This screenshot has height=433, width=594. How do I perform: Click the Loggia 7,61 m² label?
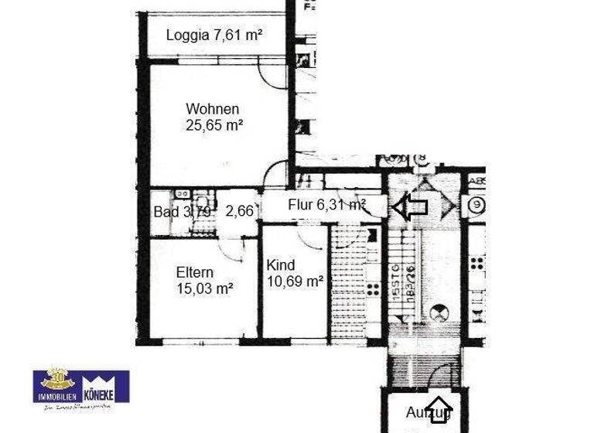tap(213, 35)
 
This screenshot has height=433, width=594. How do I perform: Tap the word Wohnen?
tap(212, 109)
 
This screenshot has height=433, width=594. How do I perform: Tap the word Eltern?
tap(194, 272)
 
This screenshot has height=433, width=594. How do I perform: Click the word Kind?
tap(280, 265)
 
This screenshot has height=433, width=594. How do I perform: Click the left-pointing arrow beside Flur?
tap(410, 206)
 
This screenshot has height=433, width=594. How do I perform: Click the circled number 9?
tap(476, 206)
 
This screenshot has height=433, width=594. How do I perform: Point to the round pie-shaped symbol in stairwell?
tap(440, 312)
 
